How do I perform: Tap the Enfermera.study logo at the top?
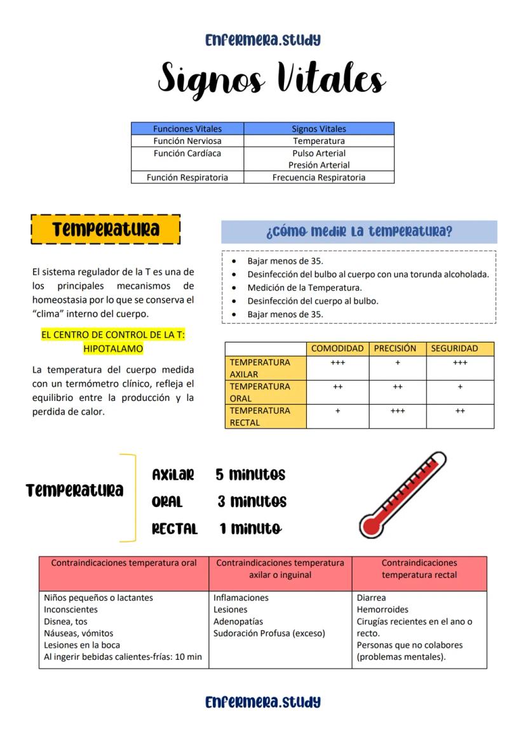click(x=262, y=40)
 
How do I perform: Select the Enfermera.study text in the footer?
click(x=262, y=702)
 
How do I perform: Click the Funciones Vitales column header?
click(x=187, y=129)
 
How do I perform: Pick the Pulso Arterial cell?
click(x=319, y=153)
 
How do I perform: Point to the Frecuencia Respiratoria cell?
click(x=319, y=178)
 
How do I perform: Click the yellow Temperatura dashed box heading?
click(x=105, y=229)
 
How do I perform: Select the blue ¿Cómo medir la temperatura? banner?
click(x=359, y=232)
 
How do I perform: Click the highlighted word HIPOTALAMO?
click(x=113, y=348)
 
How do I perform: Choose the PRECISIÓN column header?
click(x=395, y=348)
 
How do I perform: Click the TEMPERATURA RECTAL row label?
click(x=266, y=416)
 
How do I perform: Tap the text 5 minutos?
click(x=250, y=475)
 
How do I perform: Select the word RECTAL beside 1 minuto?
click(x=175, y=529)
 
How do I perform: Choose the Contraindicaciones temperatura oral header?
click(x=124, y=563)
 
